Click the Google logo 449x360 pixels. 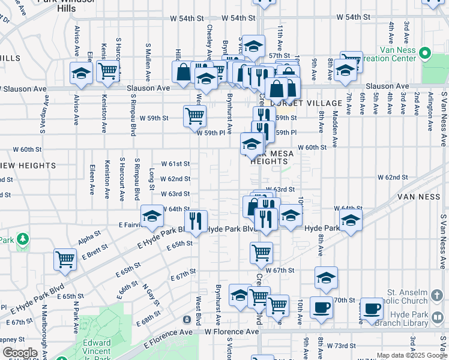point(19,353)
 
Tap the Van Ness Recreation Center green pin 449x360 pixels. point(425,53)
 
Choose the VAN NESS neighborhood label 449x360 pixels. point(419,197)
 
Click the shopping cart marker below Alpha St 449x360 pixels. point(65,259)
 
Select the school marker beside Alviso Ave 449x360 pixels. point(81,73)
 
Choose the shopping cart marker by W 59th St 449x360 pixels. point(194,115)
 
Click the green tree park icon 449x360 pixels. point(23,239)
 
